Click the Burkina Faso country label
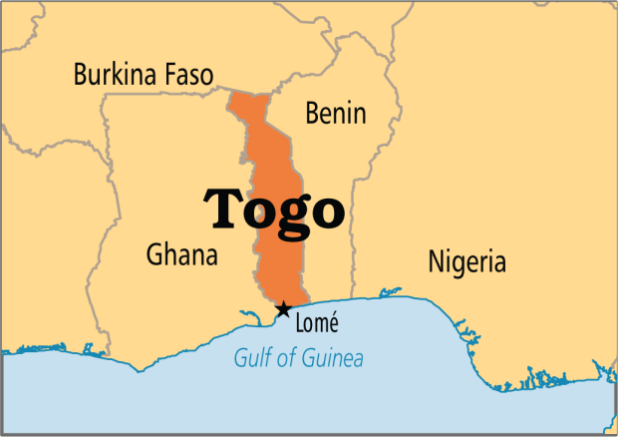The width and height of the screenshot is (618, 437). tap(146, 74)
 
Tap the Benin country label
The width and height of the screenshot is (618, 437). tap(336, 112)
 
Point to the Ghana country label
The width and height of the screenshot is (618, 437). tap(181, 254)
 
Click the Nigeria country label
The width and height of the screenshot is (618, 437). tap(466, 262)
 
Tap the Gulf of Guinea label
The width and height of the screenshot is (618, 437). tap(299, 359)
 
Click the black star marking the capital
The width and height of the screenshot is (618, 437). tap(284, 309)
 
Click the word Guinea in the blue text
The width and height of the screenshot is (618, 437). tap(334, 359)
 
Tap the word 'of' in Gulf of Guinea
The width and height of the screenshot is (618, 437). tap(283, 359)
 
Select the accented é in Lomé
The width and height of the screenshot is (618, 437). tap(334, 322)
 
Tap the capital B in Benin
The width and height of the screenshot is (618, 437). tap(312, 112)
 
